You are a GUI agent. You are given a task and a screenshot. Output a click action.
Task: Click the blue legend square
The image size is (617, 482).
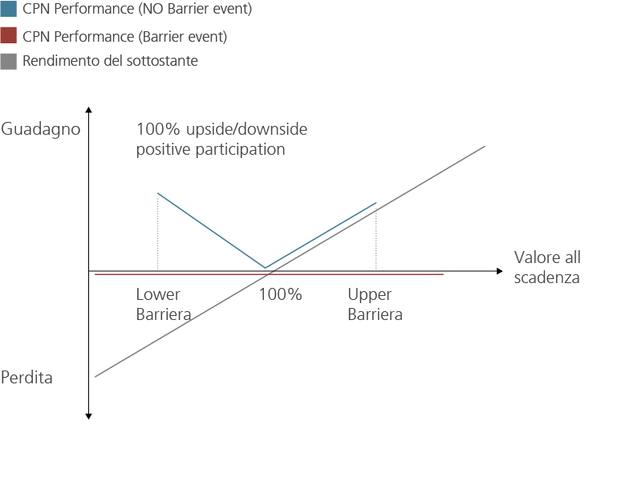(9, 9)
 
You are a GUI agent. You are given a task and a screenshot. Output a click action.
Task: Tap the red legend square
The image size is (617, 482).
(9, 35)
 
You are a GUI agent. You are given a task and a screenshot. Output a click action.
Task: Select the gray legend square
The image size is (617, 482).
(9, 62)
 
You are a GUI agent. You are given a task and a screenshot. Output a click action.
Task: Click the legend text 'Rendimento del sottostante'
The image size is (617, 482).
(110, 61)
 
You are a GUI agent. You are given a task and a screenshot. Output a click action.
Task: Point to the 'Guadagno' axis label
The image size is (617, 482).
(41, 129)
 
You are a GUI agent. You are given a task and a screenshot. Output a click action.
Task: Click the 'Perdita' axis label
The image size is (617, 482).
(26, 377)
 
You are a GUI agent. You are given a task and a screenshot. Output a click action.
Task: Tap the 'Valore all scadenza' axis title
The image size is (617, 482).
(547, 268)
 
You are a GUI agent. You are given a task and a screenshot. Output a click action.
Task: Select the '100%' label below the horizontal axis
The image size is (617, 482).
(280, 294)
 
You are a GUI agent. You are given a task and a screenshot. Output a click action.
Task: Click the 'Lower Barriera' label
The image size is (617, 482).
(164, 304)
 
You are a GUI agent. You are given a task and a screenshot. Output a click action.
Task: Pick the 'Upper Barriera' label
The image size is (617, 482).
(375, 304)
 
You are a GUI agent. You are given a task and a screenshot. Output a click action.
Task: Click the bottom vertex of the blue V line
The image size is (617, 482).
(266, 268)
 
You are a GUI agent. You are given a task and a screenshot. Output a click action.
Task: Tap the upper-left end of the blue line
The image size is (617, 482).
(158, 193)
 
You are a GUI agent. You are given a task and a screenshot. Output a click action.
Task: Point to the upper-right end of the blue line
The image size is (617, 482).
(376, 203)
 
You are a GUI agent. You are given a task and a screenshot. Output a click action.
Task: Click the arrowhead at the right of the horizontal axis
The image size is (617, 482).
(500, 271)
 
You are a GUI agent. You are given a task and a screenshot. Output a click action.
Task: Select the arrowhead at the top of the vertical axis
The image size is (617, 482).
(88, 110)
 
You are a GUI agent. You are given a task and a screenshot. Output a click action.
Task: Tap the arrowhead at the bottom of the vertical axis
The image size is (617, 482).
(88, 416)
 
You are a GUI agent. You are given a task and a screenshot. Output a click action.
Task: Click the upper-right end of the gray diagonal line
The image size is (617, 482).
(485, 147)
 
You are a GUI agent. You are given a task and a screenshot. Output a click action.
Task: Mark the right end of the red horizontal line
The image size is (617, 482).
(444, 274)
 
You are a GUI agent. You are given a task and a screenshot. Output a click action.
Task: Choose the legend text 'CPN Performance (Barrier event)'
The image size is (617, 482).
(124, 37)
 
